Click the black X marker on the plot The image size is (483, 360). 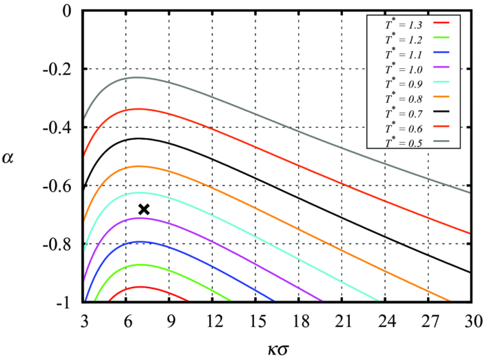click(x=144, y=209)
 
